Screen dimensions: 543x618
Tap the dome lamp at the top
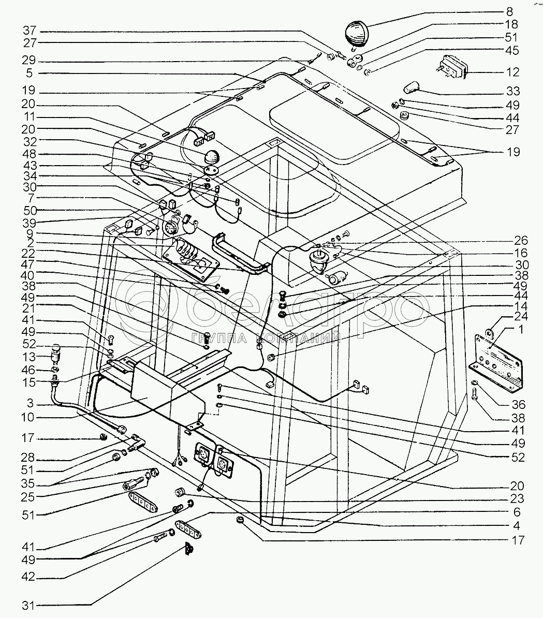coord(357,34)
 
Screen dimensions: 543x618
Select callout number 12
coord(512,72)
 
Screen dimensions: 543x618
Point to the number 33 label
coord(512,91)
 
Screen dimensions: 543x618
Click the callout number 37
coord(30,31)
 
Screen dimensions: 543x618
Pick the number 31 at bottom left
coord(28,605)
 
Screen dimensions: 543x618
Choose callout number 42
coord(28,578)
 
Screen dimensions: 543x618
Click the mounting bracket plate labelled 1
coord(496,362)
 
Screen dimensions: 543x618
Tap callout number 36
coord(518,404)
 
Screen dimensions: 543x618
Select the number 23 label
coord(518,498)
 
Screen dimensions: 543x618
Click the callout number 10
coord(28,417)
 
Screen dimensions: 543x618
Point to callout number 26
coord(521,241)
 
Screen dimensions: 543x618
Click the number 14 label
coord(521,306)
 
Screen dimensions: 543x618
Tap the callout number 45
coord(512,50)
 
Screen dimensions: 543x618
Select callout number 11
coord(29,116)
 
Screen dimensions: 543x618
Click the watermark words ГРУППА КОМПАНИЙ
coord(266,338)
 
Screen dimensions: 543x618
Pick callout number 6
coord(517,512)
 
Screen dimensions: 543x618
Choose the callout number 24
coord(521,316)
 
